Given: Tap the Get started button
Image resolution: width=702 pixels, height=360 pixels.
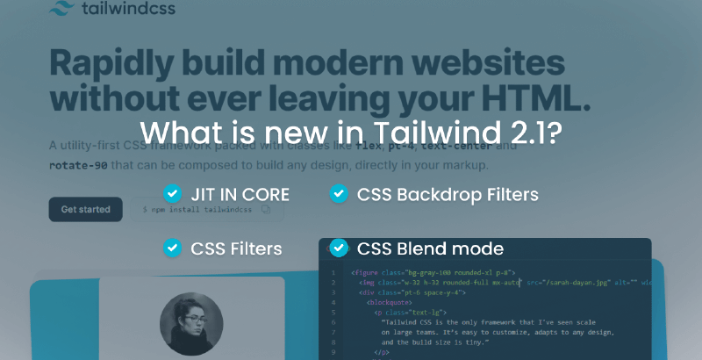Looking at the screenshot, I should [85, 210].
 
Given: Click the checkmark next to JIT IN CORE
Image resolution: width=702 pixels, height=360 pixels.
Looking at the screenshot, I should [172, 193].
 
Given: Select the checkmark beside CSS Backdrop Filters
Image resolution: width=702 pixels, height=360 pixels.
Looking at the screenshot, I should [338, 193].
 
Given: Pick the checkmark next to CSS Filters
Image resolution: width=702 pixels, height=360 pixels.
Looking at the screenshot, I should [172, 248].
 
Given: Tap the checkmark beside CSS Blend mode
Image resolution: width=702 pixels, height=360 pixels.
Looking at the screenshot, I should [338, 248].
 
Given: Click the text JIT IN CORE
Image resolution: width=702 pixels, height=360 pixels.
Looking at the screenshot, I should [240, 194].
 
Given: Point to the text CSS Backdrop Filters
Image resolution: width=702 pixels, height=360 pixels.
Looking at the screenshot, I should [448, 194].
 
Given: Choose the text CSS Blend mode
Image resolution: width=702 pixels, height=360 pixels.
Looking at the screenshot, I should [430, 248].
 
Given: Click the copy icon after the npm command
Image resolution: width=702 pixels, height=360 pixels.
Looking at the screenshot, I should [266, 211].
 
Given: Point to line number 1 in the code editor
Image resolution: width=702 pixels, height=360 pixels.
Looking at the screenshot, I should [333, 273].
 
